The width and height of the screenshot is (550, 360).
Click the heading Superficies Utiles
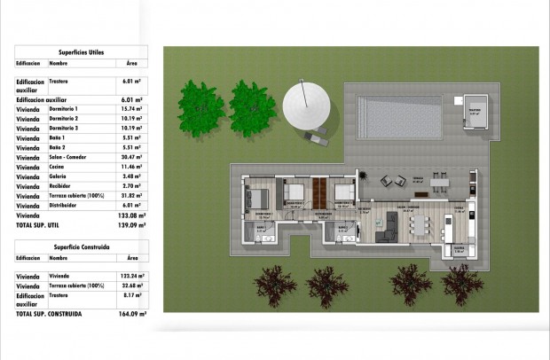[81, 53]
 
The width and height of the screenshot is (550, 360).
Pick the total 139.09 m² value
[133, 226]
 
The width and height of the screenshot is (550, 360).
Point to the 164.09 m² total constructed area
[133, 314]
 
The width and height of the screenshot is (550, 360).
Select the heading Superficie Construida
[81, 246]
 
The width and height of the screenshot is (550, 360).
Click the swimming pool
[400, 114]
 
